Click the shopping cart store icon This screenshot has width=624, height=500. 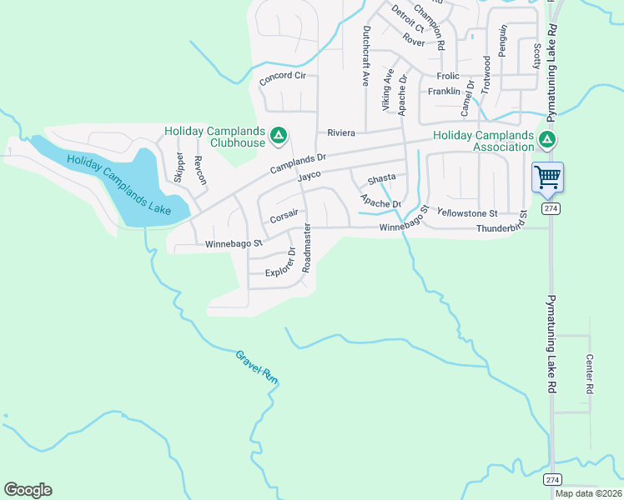click(547, 177)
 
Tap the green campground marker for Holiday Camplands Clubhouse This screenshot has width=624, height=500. click(279, 135)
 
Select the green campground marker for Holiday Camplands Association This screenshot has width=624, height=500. click(547, 139)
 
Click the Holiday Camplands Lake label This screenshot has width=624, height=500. click(118, 184)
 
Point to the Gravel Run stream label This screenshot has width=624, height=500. click(256, 366)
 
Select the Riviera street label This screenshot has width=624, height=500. click(341, 132)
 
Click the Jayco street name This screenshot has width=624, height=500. click(309, 177)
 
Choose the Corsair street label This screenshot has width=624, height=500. click(284, 218)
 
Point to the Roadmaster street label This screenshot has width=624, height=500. click(307, 248)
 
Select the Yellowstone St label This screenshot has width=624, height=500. click(466, 213)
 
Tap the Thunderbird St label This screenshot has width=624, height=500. click(502, 226)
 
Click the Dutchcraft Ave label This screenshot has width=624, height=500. click(365, 56)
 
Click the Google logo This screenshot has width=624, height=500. click(28, 490)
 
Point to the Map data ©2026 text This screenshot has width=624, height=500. click(588, 493)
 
